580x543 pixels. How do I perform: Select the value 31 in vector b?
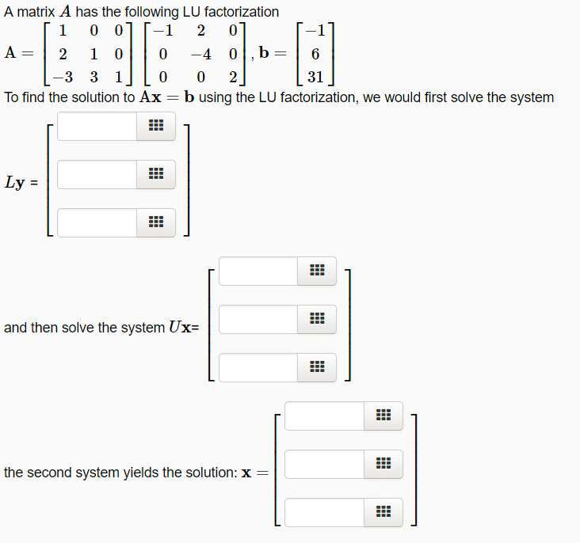pos(315,78)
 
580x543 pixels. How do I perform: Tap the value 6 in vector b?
pos(315,55)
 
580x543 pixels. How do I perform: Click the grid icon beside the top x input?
pos(383,416)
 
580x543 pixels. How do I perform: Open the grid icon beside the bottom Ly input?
pos(156,223)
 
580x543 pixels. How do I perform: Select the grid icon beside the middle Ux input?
pos(317,320)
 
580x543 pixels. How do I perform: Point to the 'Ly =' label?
pos(21,182)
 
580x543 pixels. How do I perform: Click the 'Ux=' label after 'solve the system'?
pos(184,327)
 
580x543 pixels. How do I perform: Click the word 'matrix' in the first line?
pos(34,12)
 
